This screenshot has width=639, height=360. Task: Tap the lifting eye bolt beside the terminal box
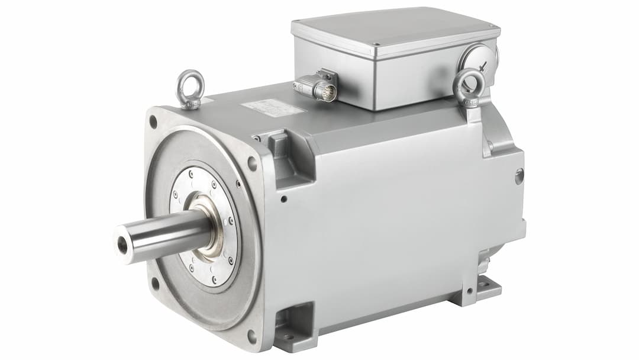coord(469,85)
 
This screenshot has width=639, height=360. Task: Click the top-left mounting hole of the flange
coord(153,123)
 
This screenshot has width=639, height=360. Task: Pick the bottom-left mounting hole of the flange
coord(155,283)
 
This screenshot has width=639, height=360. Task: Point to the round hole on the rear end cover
coord(519,176)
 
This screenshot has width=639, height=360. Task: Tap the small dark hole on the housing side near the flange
coord(284,199)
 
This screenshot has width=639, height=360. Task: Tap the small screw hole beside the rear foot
coord(469,291)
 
